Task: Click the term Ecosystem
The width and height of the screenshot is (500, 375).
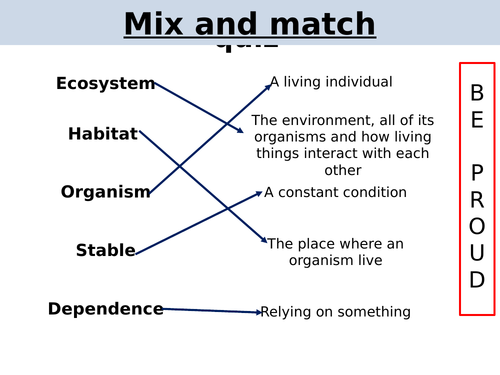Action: [105, 84]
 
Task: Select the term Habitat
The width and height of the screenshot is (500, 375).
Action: [103, 134]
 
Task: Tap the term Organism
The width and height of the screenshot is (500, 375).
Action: [105, 192]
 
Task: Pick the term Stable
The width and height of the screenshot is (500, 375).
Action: [105, 251]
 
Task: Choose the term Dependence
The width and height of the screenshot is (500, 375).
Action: [105, 309]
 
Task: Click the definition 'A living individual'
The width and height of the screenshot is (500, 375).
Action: [331, 82]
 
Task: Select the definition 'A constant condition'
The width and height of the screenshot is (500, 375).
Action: [335, 192]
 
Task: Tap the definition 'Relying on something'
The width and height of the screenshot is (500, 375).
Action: [335, 312]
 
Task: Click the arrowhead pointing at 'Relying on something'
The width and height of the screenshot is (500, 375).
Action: [258, 312]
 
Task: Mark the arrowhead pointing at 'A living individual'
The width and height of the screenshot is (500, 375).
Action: [268, 86]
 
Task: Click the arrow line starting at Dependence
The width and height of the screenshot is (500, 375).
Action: [210, 310]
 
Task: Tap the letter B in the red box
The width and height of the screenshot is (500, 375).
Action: [477, 93]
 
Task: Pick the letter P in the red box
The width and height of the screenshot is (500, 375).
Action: [477, 172]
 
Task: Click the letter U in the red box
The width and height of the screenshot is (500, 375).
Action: [477, 253]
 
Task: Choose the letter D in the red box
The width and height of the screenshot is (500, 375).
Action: [477, 280]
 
